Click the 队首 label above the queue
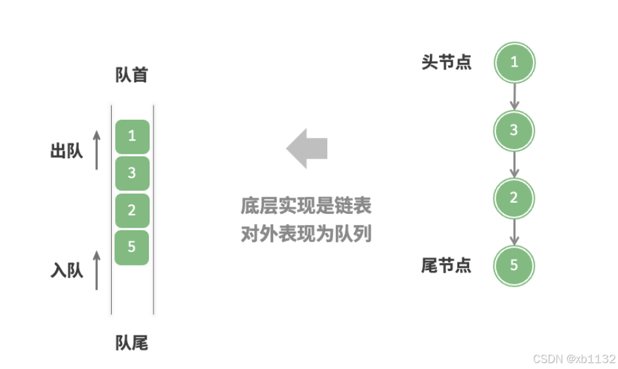[x=132, y=75]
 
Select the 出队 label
[x=67, y=151]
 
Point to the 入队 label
[x=67, y=270]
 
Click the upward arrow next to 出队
[x=97, y=150]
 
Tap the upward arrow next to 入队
[x=97, y=270]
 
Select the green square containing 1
[x=132, y=136]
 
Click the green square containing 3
[x=132, y=173]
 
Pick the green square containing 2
[x=132, y=210]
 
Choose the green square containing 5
[x=132, y=247]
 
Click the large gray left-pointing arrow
[x=307, y=149]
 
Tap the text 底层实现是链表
[x=306, y=206]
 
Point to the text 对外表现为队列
[x=306, y=234]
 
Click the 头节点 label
[x=447, y=63]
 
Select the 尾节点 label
[x=447, y=266]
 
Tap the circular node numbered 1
[x=514, y=63]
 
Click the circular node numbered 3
[x=514, y=130]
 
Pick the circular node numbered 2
[x=514, y=198]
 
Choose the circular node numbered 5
[x=514, y=266]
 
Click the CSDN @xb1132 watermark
[x=574, y=359]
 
